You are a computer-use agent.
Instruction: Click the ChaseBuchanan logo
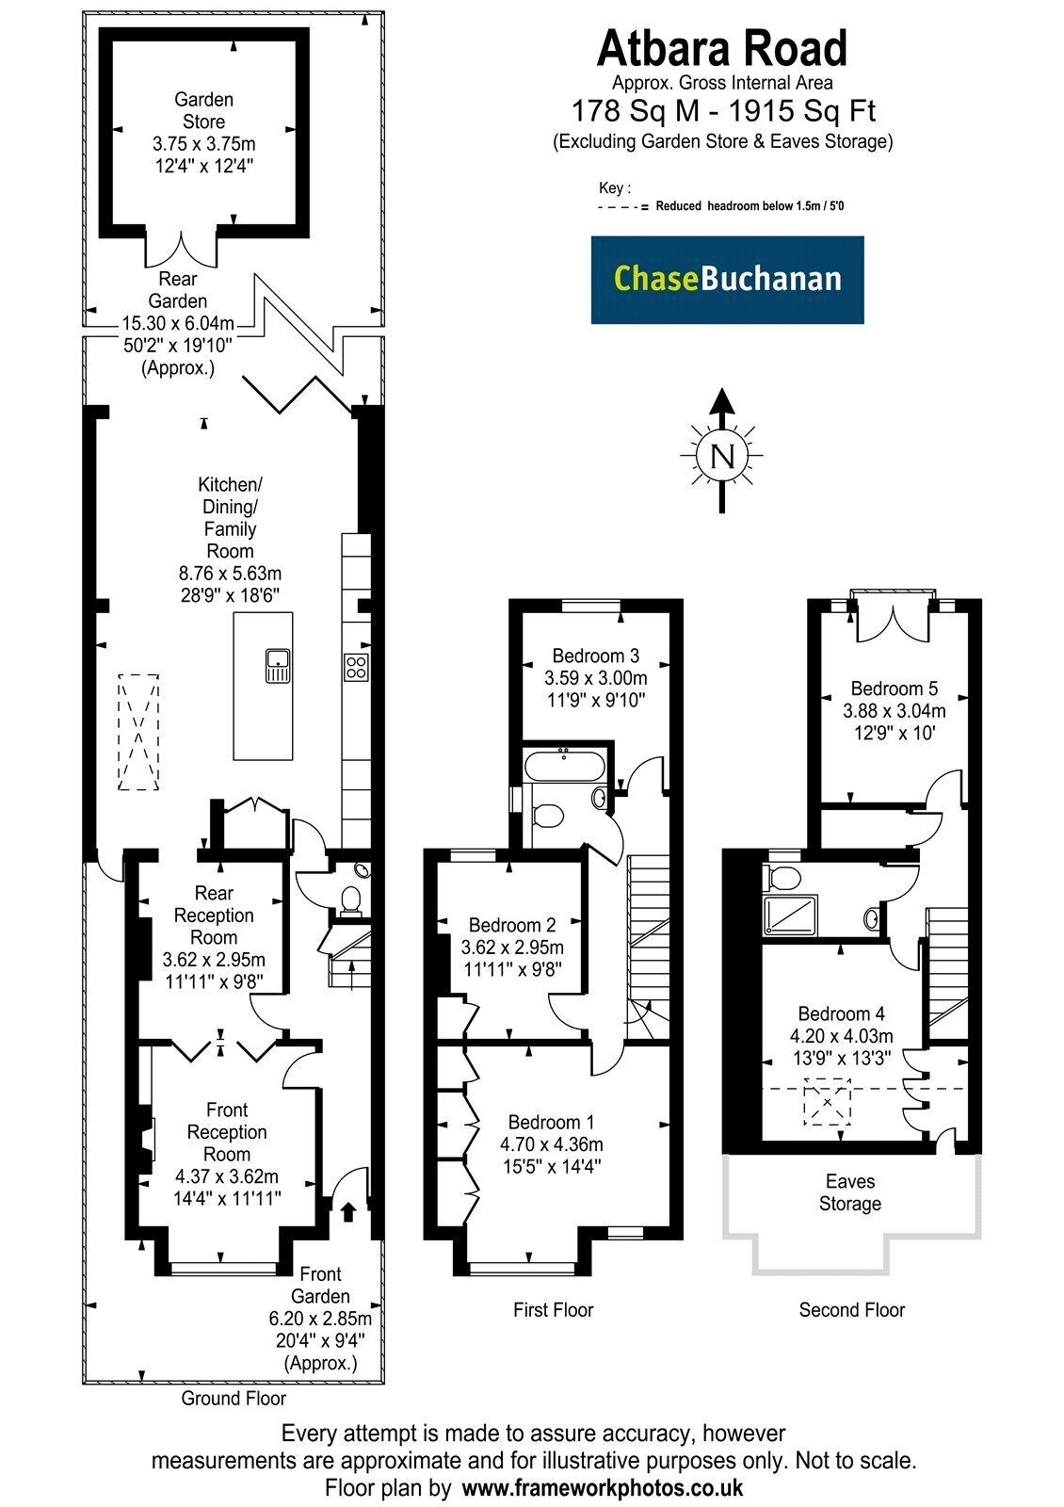pyautogui.click(x=727, y=279)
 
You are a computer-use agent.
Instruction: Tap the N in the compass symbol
pyautogui.click(x=722, y=457)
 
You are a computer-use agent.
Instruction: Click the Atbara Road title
pyautogui.click(x=721, y=48)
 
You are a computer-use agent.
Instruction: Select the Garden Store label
pyautogui.click(x=203, y=110)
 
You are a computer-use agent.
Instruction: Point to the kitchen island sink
pyautogui.click(x=278, y=665)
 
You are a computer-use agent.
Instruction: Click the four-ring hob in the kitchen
pyautogui.click(x=356, y=667)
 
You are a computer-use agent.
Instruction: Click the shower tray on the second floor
pyautogui.click(x=790, y=915)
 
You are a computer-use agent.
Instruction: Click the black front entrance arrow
pyautogui.click(x=348, y=1211)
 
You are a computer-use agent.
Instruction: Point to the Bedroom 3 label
pyautogui.click(x=596, y=656)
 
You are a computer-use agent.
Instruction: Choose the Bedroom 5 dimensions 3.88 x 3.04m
pyautogui.click(x=895, y=710)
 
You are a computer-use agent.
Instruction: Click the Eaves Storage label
pyautogui.click(x=850, y=1192)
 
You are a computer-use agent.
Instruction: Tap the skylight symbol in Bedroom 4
pyautogui.click(x=828, y=1102)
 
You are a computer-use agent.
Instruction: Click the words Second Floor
pyautogui.click(x=851, y=1309)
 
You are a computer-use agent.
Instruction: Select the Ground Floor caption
pyautogui.click(x=234, y=1398)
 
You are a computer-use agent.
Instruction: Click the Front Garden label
pyautogui.click(x=320, y=1285)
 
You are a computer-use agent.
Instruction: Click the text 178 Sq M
pyautogui.click(x=636, y=111)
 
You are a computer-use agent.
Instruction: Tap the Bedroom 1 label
pyautogui.click(x=552, y=1122)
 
